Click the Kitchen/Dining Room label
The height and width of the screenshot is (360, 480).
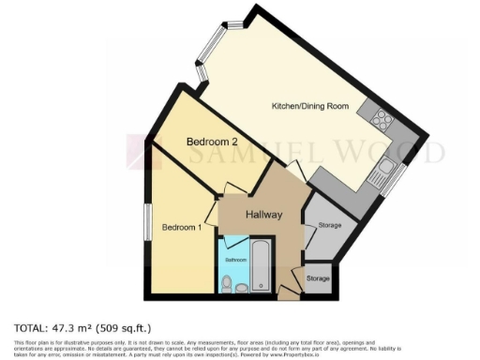pos(309,106)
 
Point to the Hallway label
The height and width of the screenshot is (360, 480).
pos(264,215)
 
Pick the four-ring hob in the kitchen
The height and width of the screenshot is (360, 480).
pos(382,119)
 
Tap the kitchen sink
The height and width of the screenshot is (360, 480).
pos(384,168)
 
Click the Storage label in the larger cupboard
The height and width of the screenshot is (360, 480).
pos(329,226)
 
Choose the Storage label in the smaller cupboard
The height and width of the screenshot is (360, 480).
pos(319,279)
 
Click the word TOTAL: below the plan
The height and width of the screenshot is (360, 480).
pos(31,328)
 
